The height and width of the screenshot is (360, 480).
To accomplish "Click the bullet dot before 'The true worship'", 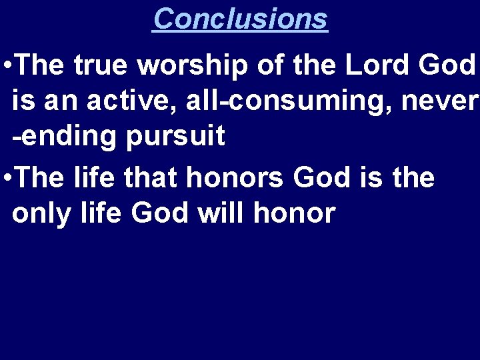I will click(6, 66).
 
